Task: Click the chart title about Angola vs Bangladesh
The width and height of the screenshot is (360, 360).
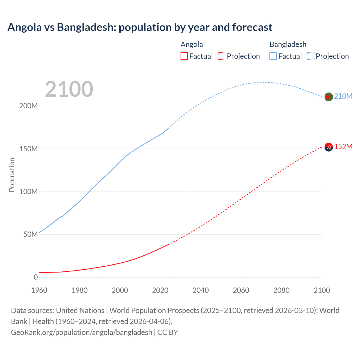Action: pyautogui.click(x=140, y=27)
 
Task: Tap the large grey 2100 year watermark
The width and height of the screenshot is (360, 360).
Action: pyautogui.click(x=69, y=89)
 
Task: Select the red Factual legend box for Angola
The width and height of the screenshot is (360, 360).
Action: pyautogui.click(x=184, y=56)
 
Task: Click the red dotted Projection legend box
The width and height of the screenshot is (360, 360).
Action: pyautogui.click(x=222, y=56)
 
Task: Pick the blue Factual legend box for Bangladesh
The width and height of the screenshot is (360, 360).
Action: pyautogui.click(x=273, y=56)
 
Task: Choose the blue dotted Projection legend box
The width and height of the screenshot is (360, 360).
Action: pyautogui.click(x=310, y=56)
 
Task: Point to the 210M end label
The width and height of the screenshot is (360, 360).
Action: pyautogui.click(x=343, y=96)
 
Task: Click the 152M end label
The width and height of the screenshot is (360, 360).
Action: pyautogui.click(x=343, y=147)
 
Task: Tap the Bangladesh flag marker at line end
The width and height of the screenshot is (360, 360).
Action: pyautogui.click(x=328, y=97)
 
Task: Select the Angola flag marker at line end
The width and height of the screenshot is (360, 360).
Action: pyautogui.click(x=328, y=147)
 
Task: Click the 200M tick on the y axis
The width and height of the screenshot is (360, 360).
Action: pyautogui.click(x=28, y=106)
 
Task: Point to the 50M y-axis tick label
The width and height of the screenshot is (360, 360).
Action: pyautogui.click(x=30, y=234)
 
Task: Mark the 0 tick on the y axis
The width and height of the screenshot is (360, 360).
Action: pyautogui.click(x=36, y=277)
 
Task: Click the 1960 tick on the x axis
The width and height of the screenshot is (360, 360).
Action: pyautogui.click(x=39, y=290)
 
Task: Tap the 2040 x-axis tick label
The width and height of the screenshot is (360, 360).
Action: pyautogui.click(x=201, y=290)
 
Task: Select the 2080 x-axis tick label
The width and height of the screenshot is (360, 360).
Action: pyautogui.click(x=281, y=290)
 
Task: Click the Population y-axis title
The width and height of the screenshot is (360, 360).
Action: pyautogui.click(x=12, y=175)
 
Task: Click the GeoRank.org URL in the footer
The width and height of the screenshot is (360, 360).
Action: pyautogui.click(x=82, y=332)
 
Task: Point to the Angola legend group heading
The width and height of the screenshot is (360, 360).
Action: pyautogui.click(x=192, y=44)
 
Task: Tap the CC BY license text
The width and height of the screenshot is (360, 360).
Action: pyautogui.click(x=168, y=332)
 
